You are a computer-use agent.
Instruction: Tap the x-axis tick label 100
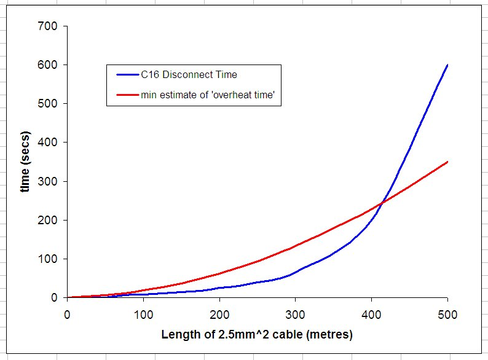(x=143, y=315)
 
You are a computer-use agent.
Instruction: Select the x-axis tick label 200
(x=219, y=315)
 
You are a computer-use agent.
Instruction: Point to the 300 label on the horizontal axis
(x=296, y=315)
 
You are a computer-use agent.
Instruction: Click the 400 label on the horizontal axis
(x=371, y=315)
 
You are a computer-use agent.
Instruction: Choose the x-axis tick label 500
(x=447, y=315)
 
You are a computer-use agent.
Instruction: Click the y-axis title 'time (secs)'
(x=25, y=162)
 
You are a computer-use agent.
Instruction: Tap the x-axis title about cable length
(x=257, y=335)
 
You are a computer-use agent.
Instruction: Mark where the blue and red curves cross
(x=382, y=201)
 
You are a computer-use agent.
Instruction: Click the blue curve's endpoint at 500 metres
(x=447, y=65)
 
